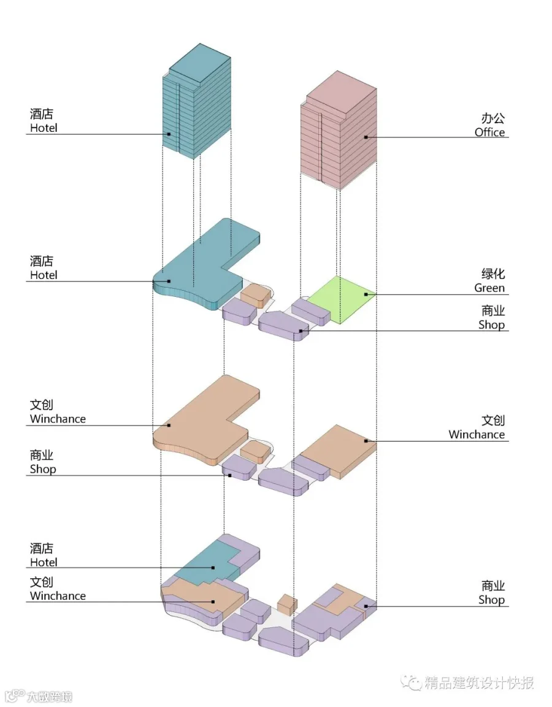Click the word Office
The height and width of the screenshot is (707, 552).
click(489, 132)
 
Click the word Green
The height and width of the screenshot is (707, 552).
click(489, 288)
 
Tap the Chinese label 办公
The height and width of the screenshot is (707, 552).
click(493, 118)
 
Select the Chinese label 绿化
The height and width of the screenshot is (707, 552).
click(493, 273)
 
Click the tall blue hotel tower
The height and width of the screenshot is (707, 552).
click(197, 101)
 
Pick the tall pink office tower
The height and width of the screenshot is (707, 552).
click(339, 130)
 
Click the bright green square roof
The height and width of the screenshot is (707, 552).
click(342, 299)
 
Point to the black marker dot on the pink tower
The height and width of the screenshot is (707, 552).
click(366, 137)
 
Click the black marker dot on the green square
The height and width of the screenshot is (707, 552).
click(366, 294)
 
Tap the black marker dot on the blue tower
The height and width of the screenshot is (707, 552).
click(169, 134)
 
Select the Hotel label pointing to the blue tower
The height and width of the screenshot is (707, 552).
click(44, 128)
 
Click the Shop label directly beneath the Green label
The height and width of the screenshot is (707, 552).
click(491, 324)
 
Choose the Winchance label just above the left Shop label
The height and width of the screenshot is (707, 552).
click(58, 419)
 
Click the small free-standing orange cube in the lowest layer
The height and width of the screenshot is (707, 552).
click(287, 604)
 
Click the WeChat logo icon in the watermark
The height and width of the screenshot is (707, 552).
click(411, 682)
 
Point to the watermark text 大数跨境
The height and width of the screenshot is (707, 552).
click(49, 697)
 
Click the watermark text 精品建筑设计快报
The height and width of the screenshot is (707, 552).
click(479, 682)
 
